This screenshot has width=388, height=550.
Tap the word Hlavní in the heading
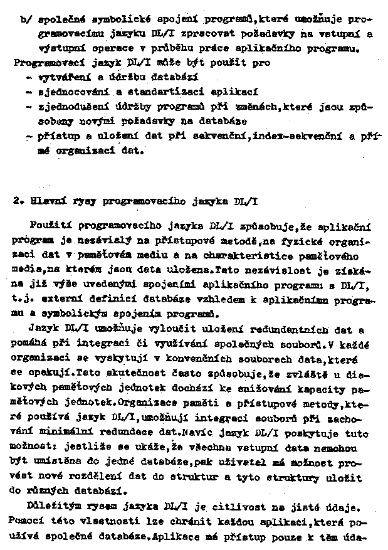coord(43,201)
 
